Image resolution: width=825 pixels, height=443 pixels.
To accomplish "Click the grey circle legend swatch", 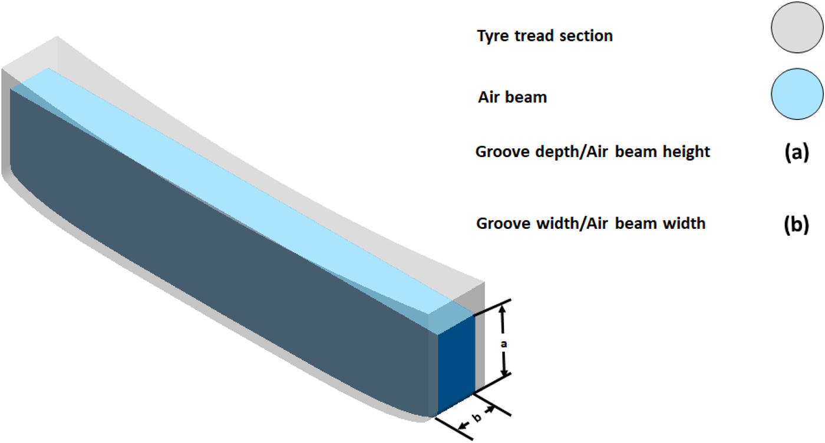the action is (x=797, y=27).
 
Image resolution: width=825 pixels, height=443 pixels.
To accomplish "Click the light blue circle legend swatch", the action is (x=797, y=94).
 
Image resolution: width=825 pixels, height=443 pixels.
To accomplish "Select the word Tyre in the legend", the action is (x=493, y=36).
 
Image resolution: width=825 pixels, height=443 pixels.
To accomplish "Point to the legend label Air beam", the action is (x=512, y=97).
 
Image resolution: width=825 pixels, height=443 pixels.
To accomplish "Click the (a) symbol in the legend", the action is (x=797, y=152).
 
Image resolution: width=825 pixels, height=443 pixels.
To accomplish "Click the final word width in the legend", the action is (x=684, y=223).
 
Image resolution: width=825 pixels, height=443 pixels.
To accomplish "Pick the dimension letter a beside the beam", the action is (x=503, y=344).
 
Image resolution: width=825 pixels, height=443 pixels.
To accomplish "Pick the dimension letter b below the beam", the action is (x=477, y=417).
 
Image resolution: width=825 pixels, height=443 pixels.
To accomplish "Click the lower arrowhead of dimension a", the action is (x=504, y=372).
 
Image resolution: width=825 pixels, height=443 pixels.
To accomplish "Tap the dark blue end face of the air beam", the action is (x=456, y=364).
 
